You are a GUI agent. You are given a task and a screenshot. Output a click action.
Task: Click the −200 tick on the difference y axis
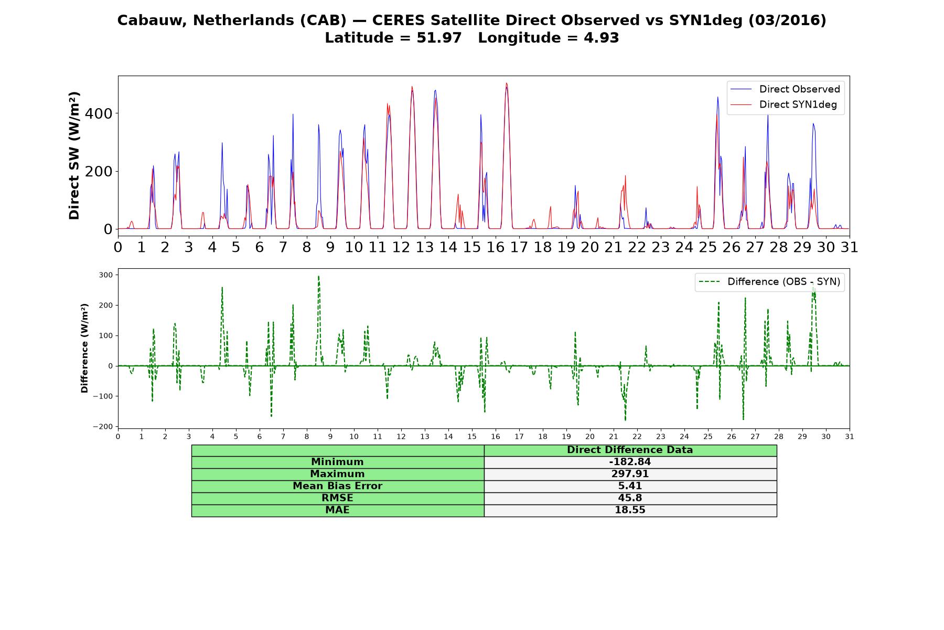click(103, 427)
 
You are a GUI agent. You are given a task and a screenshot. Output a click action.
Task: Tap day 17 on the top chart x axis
click(519, 247)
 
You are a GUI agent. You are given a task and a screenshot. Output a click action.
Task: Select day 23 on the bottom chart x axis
click(661, 436)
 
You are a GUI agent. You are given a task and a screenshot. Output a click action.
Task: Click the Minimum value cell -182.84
click(630, 462)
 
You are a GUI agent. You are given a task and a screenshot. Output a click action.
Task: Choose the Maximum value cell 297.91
click(630, 474)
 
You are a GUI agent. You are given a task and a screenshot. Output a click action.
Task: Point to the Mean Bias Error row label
click(337, 486)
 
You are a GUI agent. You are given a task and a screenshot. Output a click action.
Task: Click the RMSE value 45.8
click(630, 498)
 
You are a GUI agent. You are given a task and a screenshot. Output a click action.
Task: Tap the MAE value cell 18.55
click(630, 510)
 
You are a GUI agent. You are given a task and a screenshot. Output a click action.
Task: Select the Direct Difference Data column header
click(630, 450)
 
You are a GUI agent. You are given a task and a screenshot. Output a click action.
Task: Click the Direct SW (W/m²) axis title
click(74, 156)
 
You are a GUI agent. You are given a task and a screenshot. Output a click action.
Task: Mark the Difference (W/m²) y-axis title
click(84, 348)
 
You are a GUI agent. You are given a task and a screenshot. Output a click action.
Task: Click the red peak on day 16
click(506, 83)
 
